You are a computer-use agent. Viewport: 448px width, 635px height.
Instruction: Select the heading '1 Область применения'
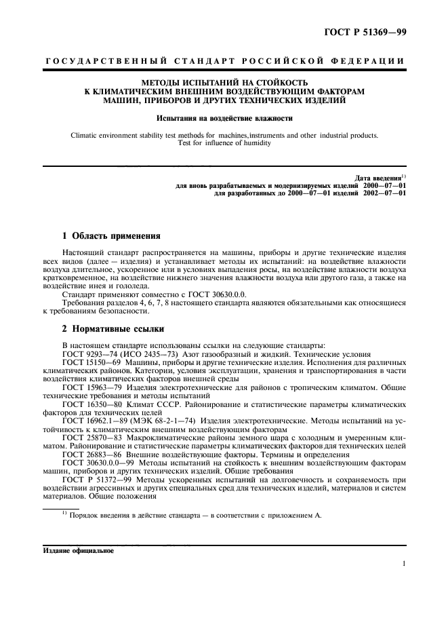tap(110, 237)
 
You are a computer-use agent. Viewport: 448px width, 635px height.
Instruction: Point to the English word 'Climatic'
tap(85, 135)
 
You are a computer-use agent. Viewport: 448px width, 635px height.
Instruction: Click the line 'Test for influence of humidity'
tap(224, 143)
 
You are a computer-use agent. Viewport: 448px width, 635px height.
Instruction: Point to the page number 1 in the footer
tap(403, 564)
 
